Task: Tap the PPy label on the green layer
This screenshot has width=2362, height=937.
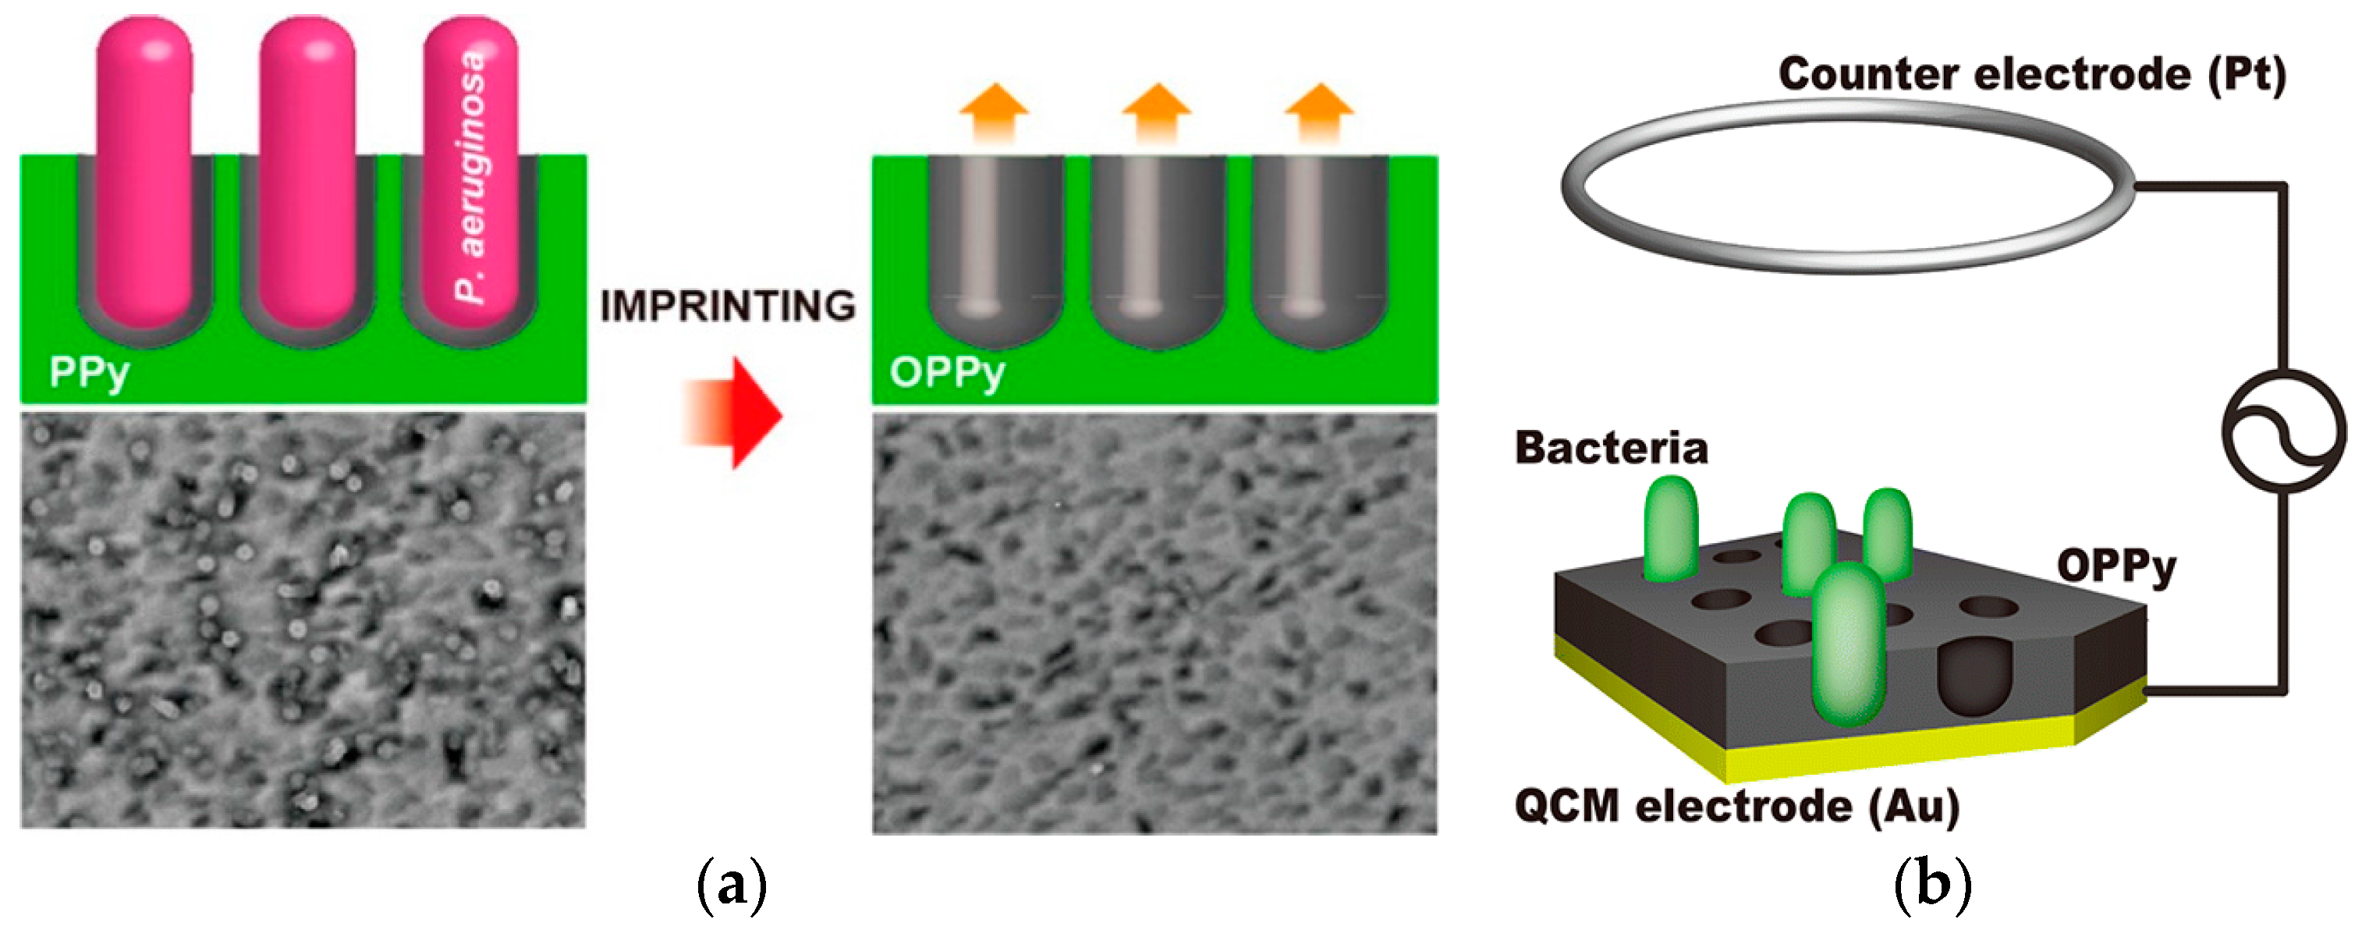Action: click(89, 372)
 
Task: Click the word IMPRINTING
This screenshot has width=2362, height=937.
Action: click(728, 306)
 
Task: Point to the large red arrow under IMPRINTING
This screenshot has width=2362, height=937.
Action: click(733, 413)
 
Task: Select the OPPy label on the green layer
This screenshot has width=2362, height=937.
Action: click(947, 372)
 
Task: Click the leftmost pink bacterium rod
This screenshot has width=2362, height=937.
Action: click(145, 174)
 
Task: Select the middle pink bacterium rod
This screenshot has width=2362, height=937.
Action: click(307, 174)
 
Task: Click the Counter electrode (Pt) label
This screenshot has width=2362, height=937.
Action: click(2032, 73)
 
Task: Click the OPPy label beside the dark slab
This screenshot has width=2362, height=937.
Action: click(2116, 566)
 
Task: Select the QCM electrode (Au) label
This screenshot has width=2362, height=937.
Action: click(1736, 806)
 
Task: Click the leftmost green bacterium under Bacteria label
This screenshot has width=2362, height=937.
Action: click(1671, 529)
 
